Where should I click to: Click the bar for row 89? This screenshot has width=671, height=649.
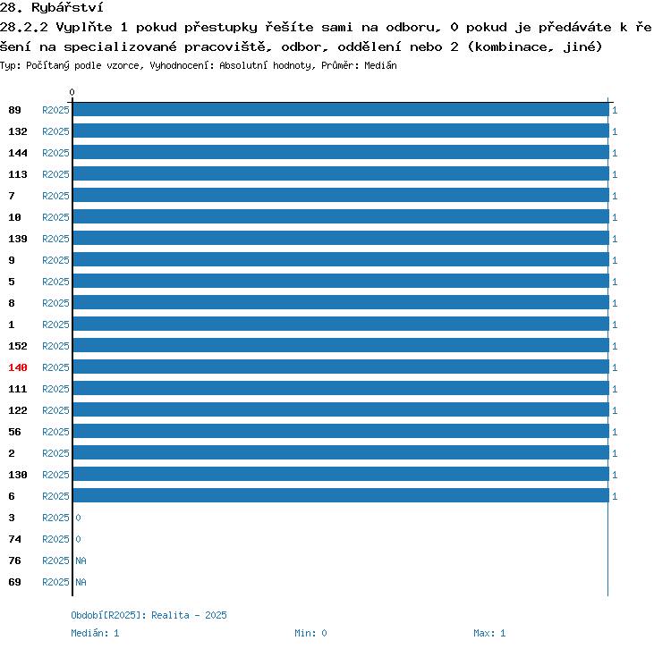click(x=341, y=110)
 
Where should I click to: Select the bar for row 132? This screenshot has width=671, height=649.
click(x=341, y=131)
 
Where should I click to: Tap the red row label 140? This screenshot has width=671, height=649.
click(x=18, y=367)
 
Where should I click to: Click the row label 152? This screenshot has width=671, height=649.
click(x=18, y=346)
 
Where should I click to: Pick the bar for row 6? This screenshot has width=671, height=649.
click(x=341, y=495)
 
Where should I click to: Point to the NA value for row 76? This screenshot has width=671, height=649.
click(x=81, y=560)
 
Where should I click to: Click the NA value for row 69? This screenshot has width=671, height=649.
click(x=81, y=582)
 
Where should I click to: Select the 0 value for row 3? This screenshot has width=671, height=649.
click(x=78, y=518)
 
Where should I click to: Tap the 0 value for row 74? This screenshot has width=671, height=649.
click(x=78, y=539)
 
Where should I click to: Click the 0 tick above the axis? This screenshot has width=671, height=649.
click(x=72, y=92)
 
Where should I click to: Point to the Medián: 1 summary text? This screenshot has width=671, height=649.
click(x=95, y=633)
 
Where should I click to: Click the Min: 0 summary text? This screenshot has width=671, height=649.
click(x=310, y=633)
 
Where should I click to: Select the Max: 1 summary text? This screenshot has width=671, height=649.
click(x=489, y=633)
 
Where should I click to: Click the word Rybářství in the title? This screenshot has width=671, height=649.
click(x=67, y=7)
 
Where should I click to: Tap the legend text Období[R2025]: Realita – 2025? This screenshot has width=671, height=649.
click(x=149, y=615)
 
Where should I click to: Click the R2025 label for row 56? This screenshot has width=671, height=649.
click(x=55, y=432)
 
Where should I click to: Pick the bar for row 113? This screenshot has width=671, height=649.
click(x=341, y=173)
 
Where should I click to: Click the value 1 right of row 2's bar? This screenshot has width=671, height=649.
click(x=615, y=453)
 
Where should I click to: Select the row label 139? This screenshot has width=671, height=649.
click(x=18, y=239)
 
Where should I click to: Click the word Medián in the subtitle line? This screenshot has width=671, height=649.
click(x=380, y=65)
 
